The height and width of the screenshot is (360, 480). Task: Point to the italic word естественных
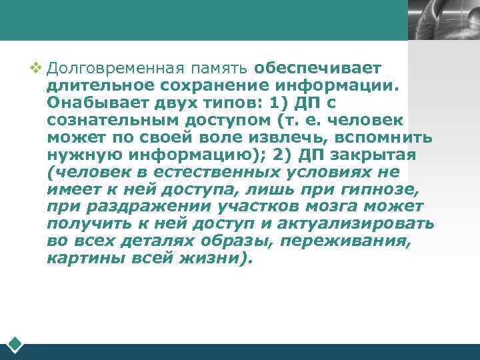(225, 172)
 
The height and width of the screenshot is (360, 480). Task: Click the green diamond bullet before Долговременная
(36, 67)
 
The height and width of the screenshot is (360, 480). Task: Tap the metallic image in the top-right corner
(443, 20)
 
